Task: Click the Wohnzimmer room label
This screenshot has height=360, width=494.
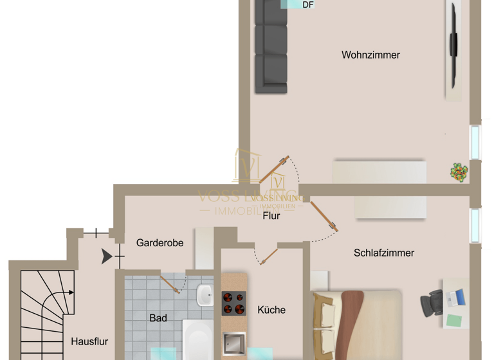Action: [x=370, y=55]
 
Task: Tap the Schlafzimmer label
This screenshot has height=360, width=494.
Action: [x=383, y=253]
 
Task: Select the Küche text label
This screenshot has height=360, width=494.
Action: [x=271, y=310]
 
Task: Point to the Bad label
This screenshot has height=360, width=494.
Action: [x=158, y=318]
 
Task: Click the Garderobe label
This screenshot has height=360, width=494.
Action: [x=160, y=243]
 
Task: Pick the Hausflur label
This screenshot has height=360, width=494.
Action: [x=89, y=341]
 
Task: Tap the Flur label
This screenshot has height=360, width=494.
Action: [x=271, y=216]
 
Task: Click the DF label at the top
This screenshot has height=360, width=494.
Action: [x=308, y=5]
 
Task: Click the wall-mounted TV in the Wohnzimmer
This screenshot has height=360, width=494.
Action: [x=453, y=45]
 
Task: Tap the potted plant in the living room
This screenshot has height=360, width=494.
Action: [x=459, y=172]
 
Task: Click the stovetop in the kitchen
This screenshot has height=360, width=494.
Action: [x=234, y=303]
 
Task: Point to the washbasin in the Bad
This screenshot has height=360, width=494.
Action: [x=205, y=296]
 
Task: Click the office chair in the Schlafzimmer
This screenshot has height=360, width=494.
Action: [x=432, y=303]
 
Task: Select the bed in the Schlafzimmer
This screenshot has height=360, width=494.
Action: [x=356, y=325]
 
